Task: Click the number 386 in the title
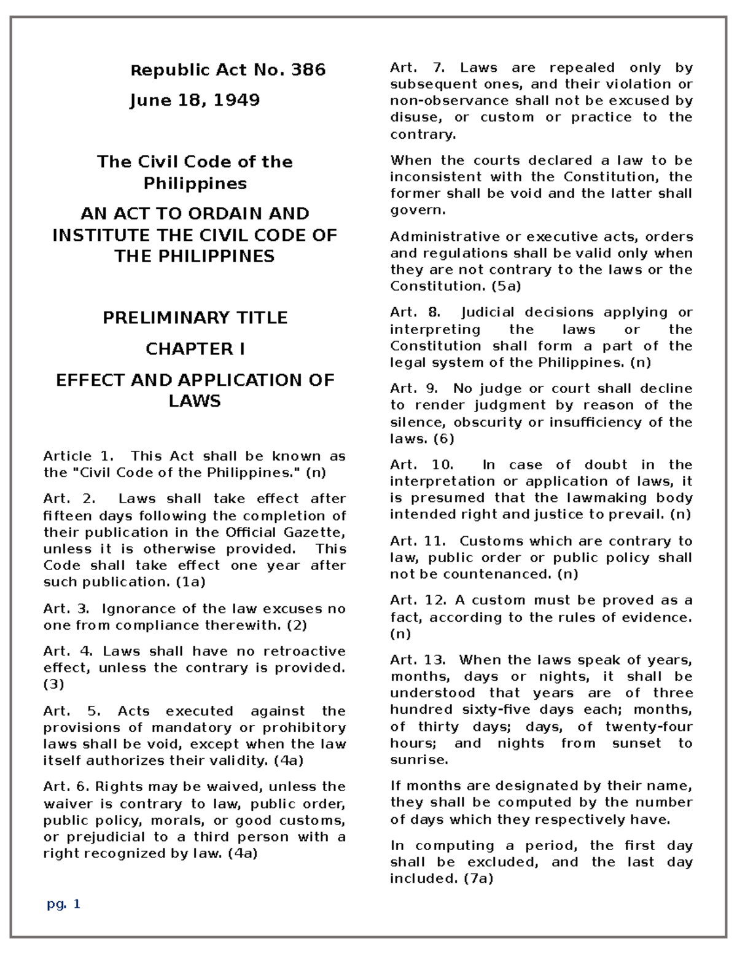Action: (x=308, y=70)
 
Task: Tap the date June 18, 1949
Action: (x=195, y=100)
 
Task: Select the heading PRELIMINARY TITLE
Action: (x=195, y=318)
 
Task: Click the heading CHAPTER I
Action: (x=195, y=349)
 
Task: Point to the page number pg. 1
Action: (x=64, y=904)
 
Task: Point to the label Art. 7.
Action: (x=416, y=68)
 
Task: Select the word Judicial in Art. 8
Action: (x=488, y=313)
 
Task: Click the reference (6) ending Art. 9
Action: (x=443, y=439)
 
